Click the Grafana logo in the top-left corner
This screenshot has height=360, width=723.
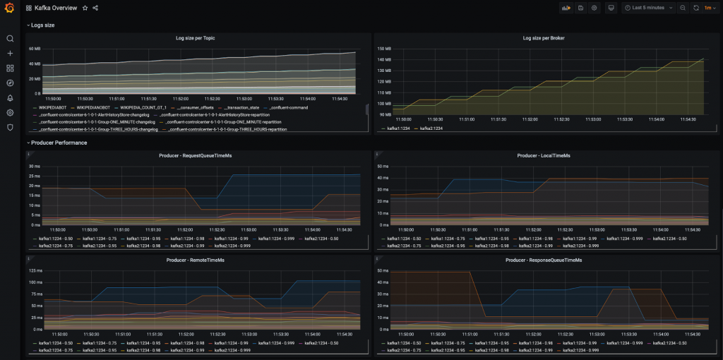pos(9,8)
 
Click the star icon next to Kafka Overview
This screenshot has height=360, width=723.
pos(85,8)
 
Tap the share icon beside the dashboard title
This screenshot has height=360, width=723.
pos(95,8)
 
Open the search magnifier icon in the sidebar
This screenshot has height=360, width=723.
pos(10,39)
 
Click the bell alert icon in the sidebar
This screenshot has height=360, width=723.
pos(10,98)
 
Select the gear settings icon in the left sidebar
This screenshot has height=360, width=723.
pos(10,113)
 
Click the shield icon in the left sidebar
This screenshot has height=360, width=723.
pos(10,128)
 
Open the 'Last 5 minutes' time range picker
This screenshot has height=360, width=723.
pos(644,8)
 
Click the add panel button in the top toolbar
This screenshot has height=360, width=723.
pos(566,8)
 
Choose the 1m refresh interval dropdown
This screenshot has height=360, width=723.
pos(707,8)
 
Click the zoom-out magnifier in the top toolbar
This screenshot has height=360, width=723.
pos(682,8)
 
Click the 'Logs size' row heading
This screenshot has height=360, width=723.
pos(42,25)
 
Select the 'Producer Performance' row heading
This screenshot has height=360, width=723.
pos(59,143)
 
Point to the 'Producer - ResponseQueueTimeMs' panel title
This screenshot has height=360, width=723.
pos(543,260)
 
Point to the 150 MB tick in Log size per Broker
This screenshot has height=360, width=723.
pos(386,49)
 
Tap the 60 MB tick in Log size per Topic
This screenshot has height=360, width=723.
pos(35,49)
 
